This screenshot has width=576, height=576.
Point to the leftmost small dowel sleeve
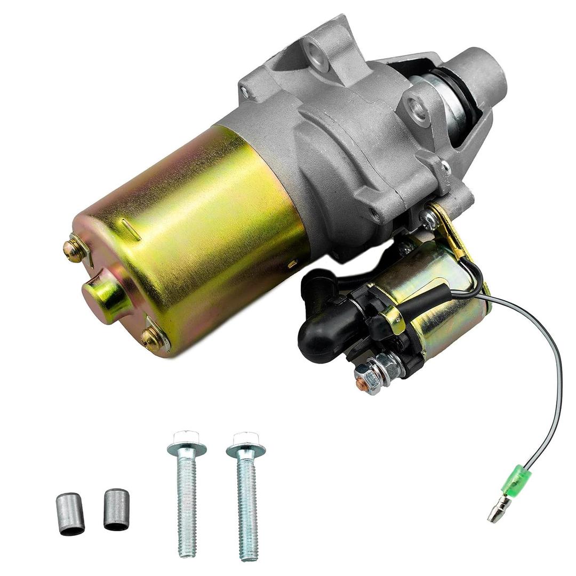70,513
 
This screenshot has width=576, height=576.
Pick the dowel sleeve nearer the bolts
116,509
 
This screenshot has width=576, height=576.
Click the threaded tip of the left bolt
187,547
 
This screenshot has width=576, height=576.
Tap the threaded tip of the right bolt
249,549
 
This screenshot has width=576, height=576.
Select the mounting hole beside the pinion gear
417,111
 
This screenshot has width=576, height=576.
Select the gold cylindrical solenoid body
437,299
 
